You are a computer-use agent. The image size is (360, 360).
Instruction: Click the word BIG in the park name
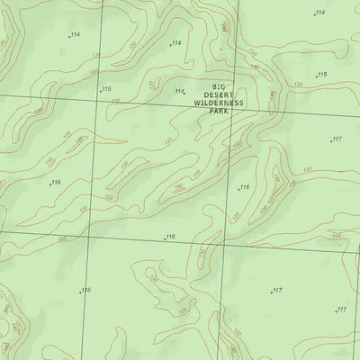click(217, 86)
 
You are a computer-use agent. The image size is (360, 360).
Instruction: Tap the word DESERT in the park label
click(217, 94)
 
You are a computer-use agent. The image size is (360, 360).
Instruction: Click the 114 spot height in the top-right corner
click(319, 13)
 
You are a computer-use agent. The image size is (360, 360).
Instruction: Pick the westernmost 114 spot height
click(73, 35)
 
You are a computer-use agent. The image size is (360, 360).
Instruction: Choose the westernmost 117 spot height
click(275, 291)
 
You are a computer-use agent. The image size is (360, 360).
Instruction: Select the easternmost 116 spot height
click(242, 187)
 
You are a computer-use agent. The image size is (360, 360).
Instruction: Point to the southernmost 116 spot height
click(169, 237)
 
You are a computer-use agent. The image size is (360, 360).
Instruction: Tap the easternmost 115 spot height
click(321, 75)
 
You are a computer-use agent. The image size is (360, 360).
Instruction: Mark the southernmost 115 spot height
click(85, 290)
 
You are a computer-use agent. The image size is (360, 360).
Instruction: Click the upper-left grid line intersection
click(98, 97)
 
